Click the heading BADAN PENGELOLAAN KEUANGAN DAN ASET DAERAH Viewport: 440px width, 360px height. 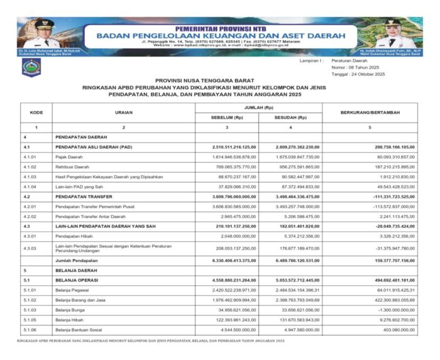(x=221, y=36)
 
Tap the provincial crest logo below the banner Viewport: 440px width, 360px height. (x=31, y=68)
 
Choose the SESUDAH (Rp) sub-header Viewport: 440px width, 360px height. (x=290, y=117)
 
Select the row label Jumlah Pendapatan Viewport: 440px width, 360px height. (x=75, y=259)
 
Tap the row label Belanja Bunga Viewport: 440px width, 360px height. (x=71, y=310)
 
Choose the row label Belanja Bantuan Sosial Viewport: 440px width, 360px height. (x=80, y=330)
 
